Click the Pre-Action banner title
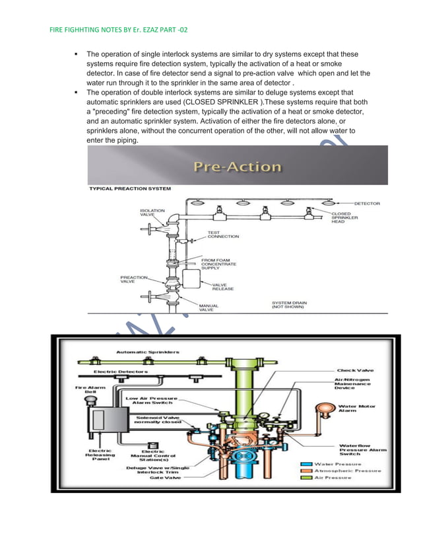click(x=237, y=167)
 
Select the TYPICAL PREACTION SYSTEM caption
click(x=130, y=189)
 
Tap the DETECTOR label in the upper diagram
click(x=367, y=204)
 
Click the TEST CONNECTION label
click(x=223, y=235)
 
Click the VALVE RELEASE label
click(x=222, y=286)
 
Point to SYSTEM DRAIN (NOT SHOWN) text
click(x=289, y=305)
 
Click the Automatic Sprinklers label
click(x=148, y=352)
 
